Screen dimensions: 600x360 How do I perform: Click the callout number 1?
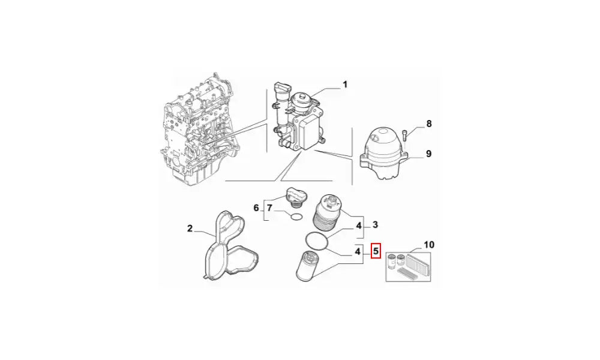[345, 84]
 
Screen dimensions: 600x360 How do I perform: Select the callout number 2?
[190, 229]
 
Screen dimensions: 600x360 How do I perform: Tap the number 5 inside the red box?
[376, 251]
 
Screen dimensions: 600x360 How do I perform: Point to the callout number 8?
[429, 124]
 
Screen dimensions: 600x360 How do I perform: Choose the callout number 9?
[428, 154]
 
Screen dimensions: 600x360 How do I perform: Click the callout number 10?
[429, 244]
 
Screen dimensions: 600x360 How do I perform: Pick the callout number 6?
[256, 208]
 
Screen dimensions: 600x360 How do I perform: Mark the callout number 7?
[270, 208]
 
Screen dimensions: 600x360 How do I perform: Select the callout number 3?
[375, 224]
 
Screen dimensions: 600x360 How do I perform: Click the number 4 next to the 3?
[359, 226]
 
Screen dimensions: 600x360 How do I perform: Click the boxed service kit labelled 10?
[408, 267]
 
